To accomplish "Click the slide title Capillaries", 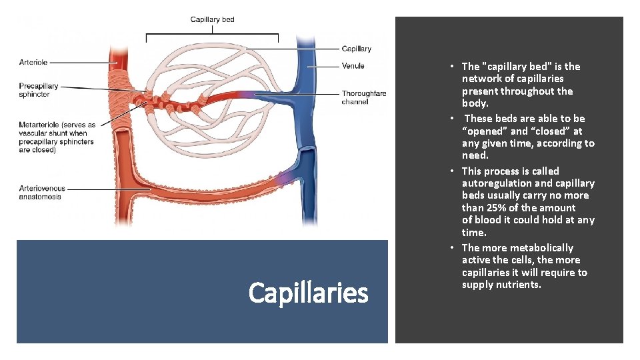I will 308,293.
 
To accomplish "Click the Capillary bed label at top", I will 212,19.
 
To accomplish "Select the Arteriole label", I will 33,63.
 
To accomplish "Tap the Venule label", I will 353,66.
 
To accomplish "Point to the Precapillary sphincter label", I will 39,90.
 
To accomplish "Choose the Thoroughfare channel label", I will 363,97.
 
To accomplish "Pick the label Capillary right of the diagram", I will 356,49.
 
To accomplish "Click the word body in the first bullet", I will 474,103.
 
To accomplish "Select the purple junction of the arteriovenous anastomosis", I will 285,178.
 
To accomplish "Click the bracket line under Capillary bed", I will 212,33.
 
